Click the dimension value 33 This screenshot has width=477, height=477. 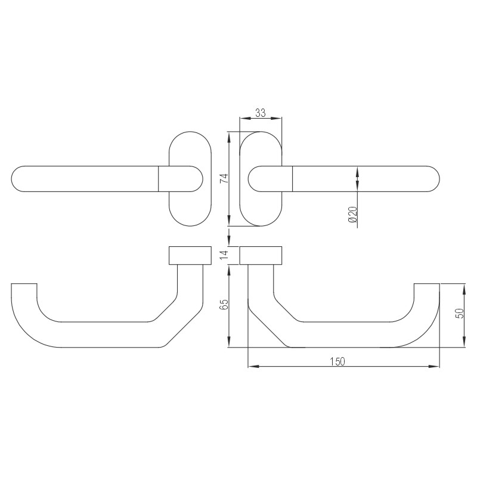(x=260, y=113)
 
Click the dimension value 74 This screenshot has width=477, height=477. (x=223, y=178)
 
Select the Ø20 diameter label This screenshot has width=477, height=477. (x=352, y=215)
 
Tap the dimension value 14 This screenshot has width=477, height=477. (x=223, y=255)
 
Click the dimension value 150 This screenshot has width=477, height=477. (x=339, y=361)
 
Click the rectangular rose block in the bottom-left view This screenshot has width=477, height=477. (x=190, y=255)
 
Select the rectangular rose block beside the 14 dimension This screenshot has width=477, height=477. (x=261, y=255)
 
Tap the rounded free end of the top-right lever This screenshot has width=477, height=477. (x=434, y=179)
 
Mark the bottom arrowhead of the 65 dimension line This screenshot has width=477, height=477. (x=230, y=344)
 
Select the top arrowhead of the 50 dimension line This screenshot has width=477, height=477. (x=464, y=287)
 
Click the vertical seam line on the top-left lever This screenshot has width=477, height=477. (x=158, y=179)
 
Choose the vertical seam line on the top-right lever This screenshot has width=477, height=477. (x=293, y=179)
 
